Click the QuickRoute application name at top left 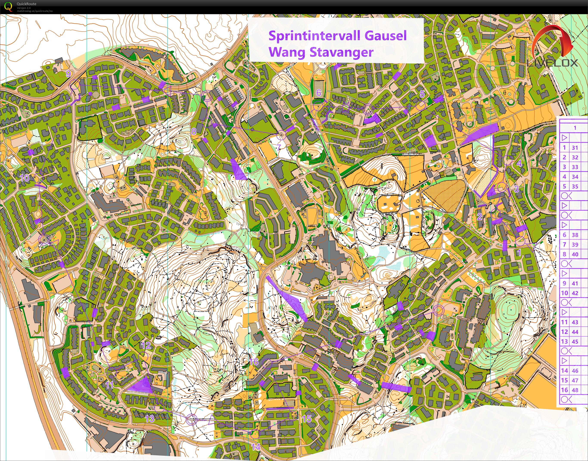pyautogui.click(x=26, y=4)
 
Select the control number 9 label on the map pyautogui.click(x=68, y=74)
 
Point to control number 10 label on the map pyautogui.click(x=25, y=178)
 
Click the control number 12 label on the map pyautogui.click(x=146, y=345)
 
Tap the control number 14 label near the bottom pyautogui.click(x=256, y=447)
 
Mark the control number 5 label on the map pyautogui.click(x=422, y=94)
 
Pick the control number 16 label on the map pyautogui.click(x=254, y=362)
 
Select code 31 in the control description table pyautogui.click(x=575, y=148)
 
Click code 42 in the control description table pyautogui.click(x=575, y=293)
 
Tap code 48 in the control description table pyautogui.click(x=575, y=390)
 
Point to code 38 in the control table pyautogui.click(x=575, y=235)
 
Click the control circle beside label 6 pyautogui.click(x=318, y=106)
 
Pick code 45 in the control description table pyautogui.click(x=575, y=341)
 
